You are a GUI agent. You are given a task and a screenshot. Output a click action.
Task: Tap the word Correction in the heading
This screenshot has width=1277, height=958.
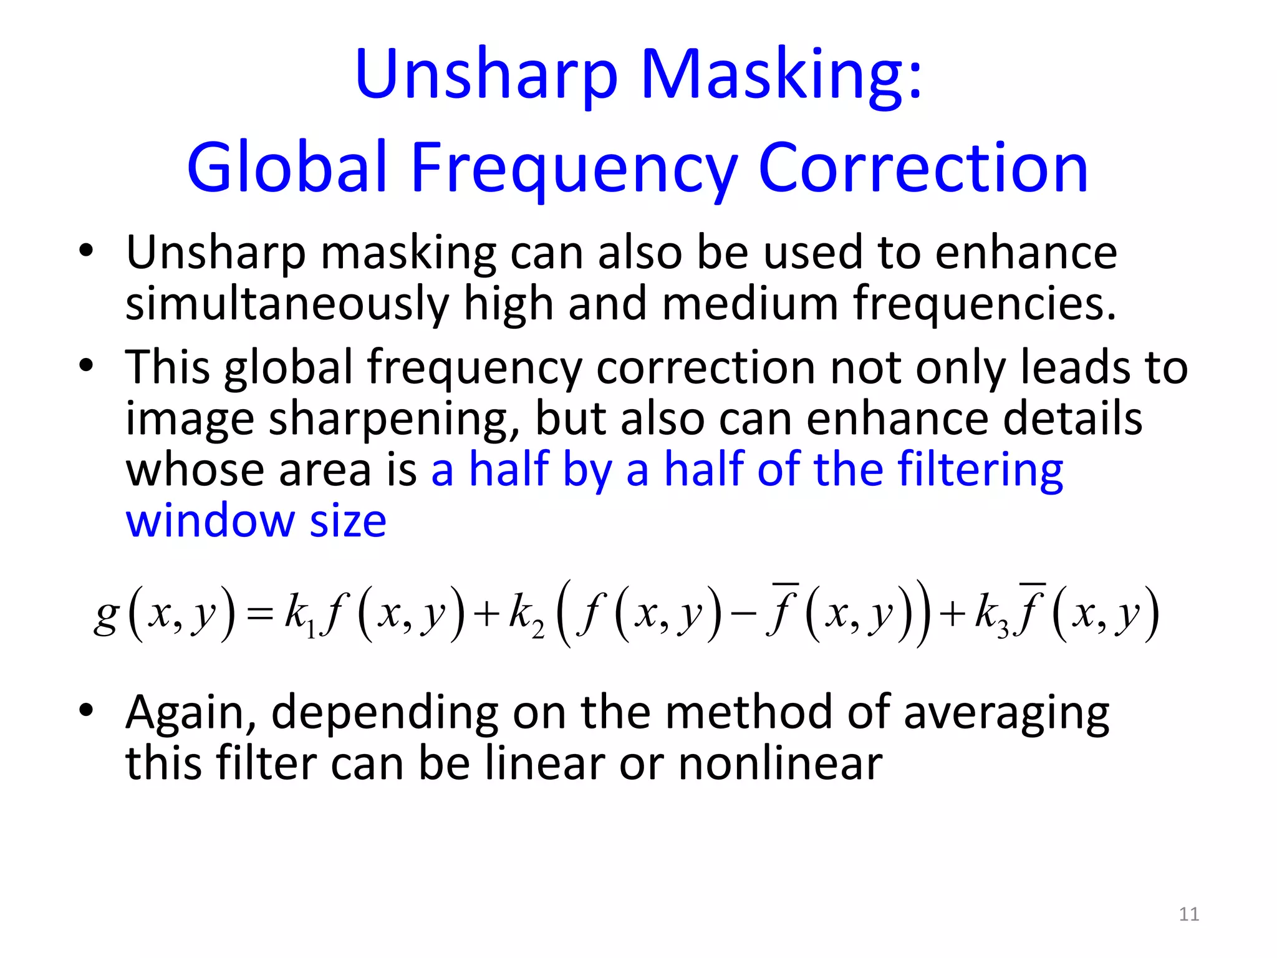(x=923, y=167)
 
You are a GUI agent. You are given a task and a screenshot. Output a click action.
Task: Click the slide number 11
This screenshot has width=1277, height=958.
(x=1189, y=914)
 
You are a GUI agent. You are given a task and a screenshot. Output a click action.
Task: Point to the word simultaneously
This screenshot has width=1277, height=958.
(x=287, y=304)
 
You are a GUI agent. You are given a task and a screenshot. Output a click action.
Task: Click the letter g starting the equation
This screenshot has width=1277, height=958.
(x=106, y=615)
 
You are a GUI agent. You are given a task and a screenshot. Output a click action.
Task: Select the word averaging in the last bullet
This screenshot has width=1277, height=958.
(x=1006, y=714)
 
